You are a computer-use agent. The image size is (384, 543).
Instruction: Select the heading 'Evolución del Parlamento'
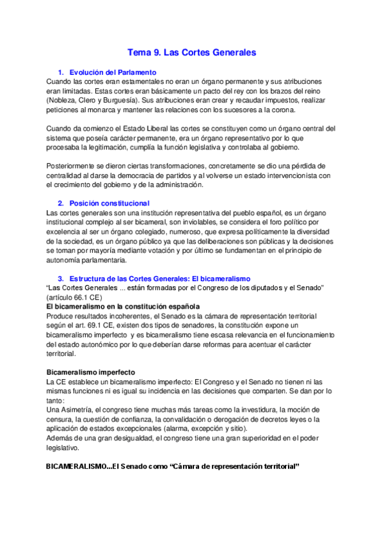(113, 72)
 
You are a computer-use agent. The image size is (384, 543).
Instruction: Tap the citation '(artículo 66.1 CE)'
(74, 298)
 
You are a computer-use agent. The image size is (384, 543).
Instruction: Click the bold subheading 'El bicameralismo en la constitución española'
(121, 307)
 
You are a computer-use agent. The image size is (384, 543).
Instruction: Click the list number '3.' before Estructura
(61, 279)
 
